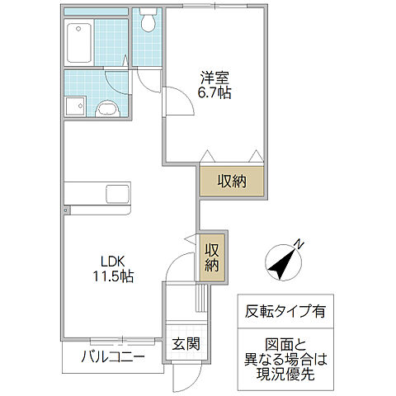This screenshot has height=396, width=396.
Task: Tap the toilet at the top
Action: pos(148,21)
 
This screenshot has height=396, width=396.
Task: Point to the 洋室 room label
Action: pos(214,78)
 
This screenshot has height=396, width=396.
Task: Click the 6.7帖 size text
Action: pos(214,93)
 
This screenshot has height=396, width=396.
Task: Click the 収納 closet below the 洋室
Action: pos(232,181)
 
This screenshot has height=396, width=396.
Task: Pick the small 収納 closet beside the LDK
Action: pos(213,257)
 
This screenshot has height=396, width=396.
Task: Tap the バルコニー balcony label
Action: pos(113,357)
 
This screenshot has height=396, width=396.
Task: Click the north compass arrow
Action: pos(285,262)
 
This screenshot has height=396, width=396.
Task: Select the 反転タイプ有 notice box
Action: pos(285,312)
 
